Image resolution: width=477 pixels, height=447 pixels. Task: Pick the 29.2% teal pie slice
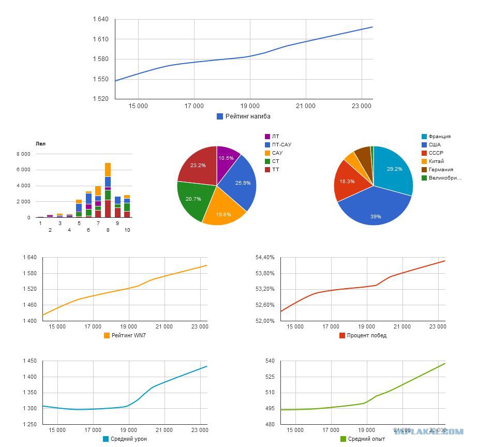click(x=393, y=170)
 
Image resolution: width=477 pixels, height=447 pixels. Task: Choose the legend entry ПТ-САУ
click(x=278, y=144)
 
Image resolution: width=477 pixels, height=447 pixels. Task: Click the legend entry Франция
click(x=436, y=136)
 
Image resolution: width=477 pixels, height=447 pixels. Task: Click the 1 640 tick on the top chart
click(x=101, y=19)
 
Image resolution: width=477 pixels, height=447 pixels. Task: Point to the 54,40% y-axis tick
click(x=265, y=258)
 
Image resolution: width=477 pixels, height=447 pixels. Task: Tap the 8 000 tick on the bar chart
click(x=23, y=154)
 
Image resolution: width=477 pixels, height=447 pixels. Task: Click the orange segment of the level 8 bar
click(x=108, y=170)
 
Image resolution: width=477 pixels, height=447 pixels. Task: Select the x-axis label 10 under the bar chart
click(x=127, y=230)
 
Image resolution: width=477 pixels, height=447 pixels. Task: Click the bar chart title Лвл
click(x=40, y=144)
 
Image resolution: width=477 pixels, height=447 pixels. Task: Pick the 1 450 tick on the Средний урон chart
click(x=30, y=361)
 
